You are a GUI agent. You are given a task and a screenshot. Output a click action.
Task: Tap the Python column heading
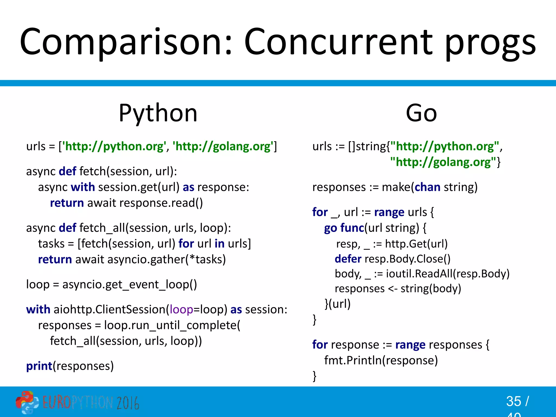(158, 113)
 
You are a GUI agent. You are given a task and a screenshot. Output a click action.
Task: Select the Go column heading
(421, 113)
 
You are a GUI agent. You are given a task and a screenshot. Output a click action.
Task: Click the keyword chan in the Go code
(427, 187)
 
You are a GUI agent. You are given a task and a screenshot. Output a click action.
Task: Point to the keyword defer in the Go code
(348, 259)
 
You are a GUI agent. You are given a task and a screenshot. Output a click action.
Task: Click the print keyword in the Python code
(39, 366)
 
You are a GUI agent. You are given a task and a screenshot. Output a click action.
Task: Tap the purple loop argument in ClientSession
(181, 309)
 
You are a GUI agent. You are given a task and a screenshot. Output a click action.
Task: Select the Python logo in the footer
(27, 402)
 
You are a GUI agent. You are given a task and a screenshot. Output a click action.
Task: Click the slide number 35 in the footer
(513, 401)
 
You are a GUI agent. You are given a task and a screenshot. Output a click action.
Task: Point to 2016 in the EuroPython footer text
(128, 403)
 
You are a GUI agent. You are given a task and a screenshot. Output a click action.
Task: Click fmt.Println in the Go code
(353, 361)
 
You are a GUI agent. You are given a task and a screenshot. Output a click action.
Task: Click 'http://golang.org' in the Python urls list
(223, 147)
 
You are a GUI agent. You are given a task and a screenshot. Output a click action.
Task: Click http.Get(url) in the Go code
(416, 244)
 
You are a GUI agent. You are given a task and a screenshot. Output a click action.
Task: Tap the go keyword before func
(330, 228)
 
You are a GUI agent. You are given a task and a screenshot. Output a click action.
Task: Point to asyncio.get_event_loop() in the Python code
(129, 285)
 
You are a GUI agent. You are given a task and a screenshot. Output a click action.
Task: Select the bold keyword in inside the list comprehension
(219, 244)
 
